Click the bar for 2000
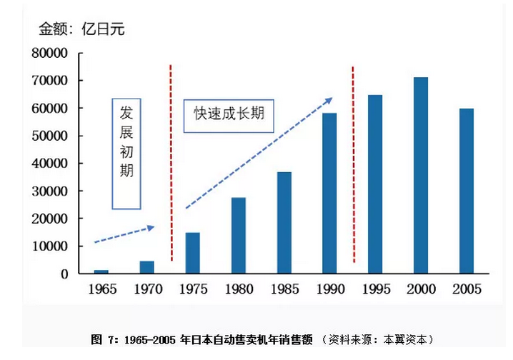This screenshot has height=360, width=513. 421,175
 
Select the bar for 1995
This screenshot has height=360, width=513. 374,184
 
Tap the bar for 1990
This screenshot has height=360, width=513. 329,193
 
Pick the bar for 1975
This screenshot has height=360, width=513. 193,253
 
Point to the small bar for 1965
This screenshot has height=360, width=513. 101,271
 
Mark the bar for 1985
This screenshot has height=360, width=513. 284,222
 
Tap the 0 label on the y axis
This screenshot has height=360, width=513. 64,274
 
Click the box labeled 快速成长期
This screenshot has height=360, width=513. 229,114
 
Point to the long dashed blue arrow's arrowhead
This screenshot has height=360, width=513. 329,99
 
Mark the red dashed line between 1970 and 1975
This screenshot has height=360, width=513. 171,164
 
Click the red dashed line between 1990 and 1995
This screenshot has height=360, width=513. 353,164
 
